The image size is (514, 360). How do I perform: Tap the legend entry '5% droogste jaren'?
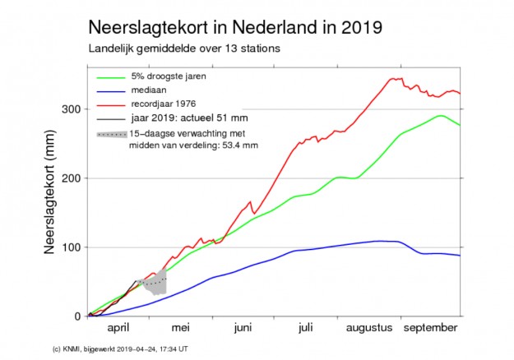tap(172, 76)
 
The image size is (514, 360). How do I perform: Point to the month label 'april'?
tap(119, 328)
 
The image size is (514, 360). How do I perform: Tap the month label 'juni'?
tap(243, 328)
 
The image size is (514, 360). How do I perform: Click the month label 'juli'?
tap(304, 328)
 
